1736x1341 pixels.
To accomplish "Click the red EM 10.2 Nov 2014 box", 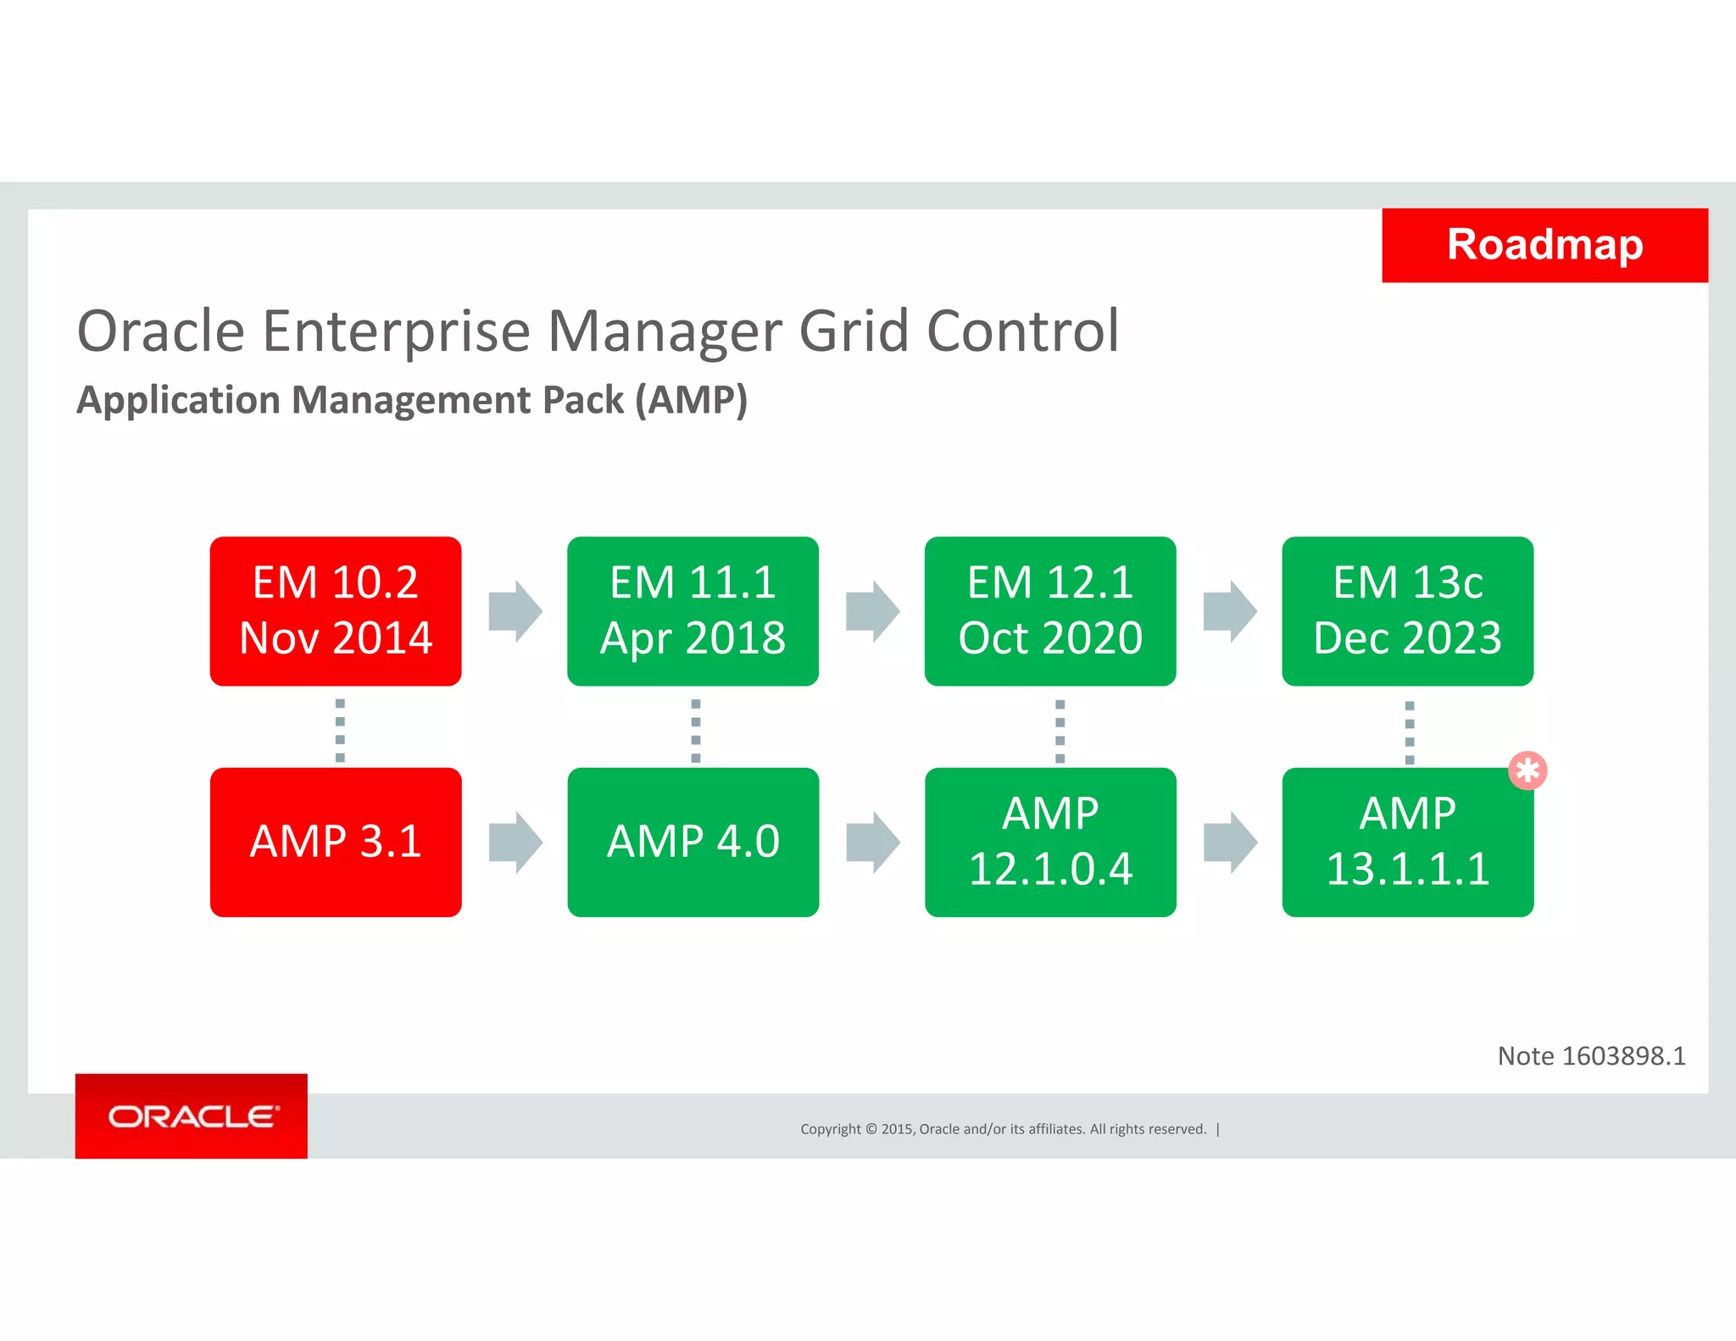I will [336, 610].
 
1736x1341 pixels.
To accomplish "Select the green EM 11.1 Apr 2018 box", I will [693, 610].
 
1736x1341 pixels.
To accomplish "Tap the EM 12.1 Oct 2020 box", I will [1050, 610].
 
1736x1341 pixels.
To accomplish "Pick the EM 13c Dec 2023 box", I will [1407, 610].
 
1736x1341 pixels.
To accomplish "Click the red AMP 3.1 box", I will [336, 842].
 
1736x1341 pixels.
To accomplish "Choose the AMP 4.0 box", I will [693, 842].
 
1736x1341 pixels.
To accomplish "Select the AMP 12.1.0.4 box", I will [1050, 842].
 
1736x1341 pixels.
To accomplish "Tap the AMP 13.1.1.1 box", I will [1407, 842].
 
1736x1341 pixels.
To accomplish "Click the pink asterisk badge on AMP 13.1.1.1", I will [1527, 771].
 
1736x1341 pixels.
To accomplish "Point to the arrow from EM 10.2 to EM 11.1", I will [515, 611].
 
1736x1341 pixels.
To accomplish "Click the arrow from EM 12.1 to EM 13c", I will [1230, 611].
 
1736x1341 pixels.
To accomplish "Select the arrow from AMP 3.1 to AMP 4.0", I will [515, 842].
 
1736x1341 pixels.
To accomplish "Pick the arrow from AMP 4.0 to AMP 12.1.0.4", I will [872, 842].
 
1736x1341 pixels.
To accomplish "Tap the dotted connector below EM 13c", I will [1410, 732].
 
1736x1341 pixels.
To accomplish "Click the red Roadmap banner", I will [1544, 245].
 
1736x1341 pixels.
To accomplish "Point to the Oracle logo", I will [192, 1116].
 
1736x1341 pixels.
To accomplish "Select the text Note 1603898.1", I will [1591, 1056].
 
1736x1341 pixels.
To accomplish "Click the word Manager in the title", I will [664, 331].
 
